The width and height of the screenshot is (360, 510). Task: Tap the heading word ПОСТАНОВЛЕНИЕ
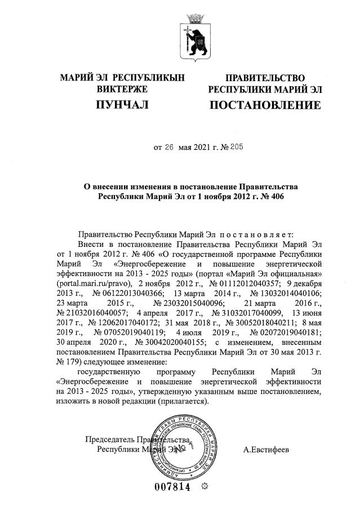(x=265, y=105)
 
